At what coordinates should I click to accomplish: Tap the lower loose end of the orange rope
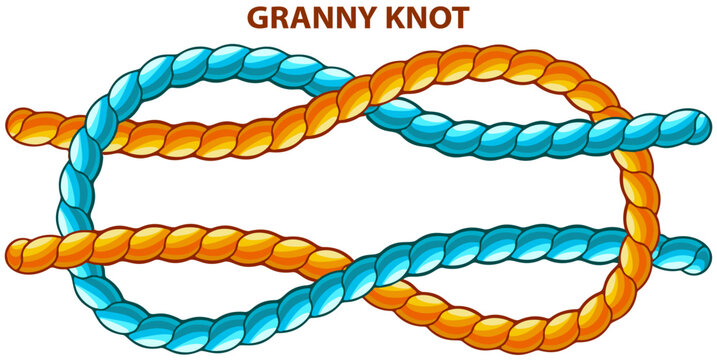click(x=17, y=251)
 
